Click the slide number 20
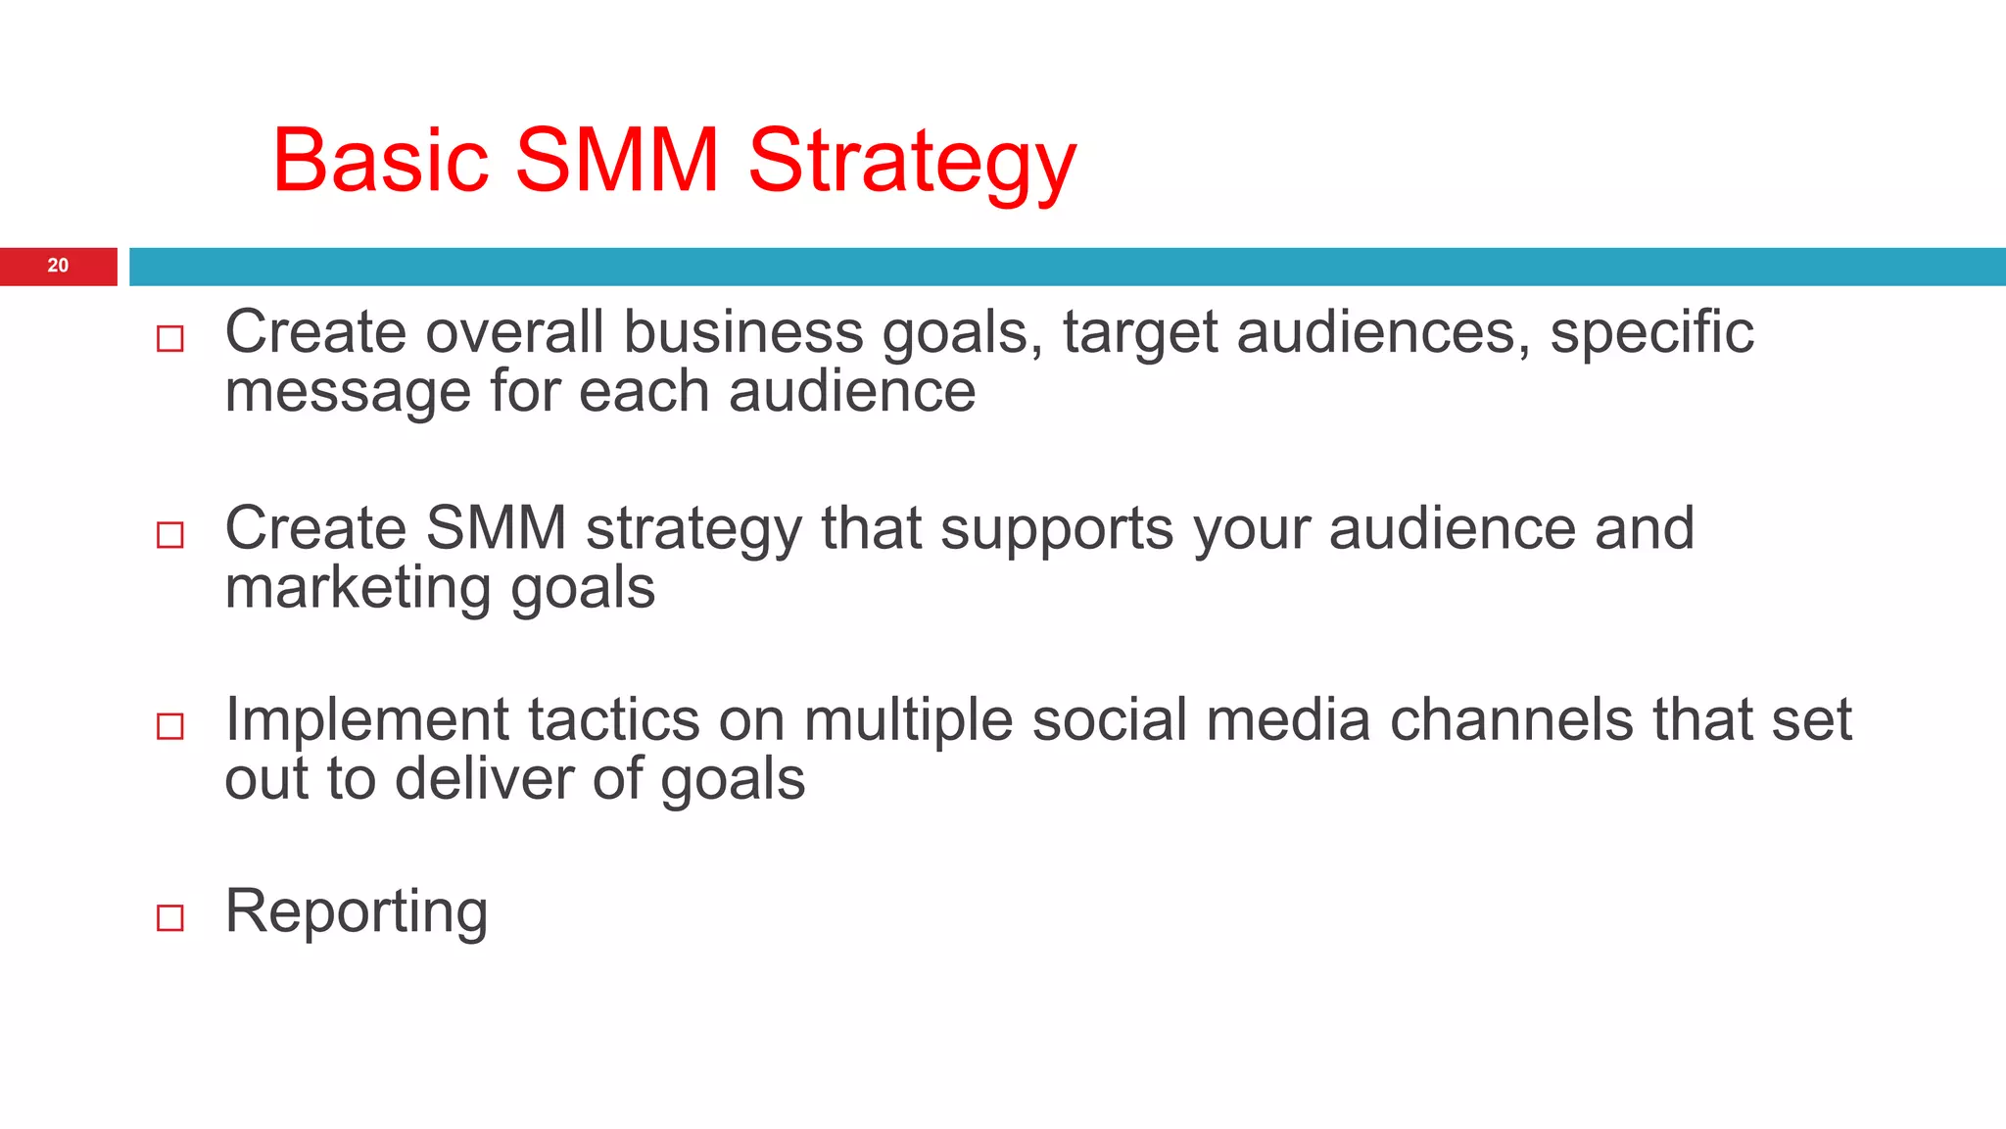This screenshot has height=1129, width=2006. point(58,266)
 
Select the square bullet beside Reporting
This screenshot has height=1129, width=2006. point(170,917)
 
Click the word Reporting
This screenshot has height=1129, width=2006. point(356,911)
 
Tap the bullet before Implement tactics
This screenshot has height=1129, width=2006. point(170,726)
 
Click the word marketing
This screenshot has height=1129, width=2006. point(358,588)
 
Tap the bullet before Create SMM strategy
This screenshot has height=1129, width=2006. point(170,534)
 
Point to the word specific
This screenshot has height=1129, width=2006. point(1651,333)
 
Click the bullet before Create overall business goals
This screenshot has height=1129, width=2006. point(170,339)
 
